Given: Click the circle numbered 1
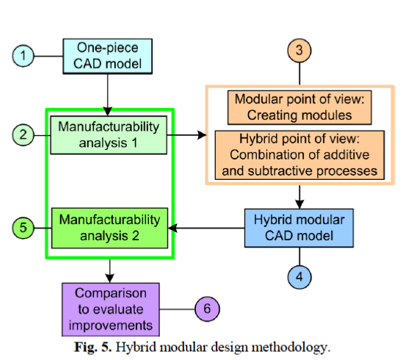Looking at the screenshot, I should (24, 55).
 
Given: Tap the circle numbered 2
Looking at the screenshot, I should (24, 134).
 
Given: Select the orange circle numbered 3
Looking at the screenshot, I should (298, 51).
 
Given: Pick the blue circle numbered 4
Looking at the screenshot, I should (298, 278).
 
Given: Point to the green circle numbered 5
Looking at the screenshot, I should (24, 228).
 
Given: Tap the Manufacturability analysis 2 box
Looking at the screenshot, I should (109, 227).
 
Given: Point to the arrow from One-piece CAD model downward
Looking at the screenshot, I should (109, 91).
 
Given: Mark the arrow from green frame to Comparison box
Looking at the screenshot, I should (109, 270).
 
